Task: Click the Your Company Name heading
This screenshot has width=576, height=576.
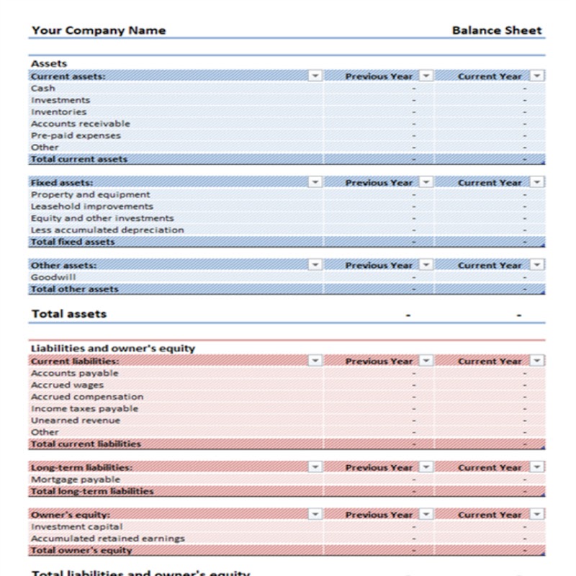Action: click(99, 30)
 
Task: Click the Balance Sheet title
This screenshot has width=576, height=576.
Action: click(497, 30)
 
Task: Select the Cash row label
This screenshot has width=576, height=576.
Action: click(43, 88)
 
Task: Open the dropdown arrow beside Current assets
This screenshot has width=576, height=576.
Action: click(315, 76)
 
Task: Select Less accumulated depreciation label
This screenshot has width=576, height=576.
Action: click(107, 230)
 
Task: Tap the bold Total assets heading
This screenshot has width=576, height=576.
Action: click(69, 314)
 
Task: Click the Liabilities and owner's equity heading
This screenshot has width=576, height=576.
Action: click(113, 348)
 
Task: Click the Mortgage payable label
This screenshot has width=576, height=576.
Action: click(76, 479)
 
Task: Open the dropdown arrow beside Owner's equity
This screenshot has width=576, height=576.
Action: click(315, 514)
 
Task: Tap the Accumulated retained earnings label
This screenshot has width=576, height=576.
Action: click(108, 538)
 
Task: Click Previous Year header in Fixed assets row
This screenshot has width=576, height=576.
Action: click(379, 183)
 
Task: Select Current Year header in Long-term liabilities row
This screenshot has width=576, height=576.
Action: click(490, 467)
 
